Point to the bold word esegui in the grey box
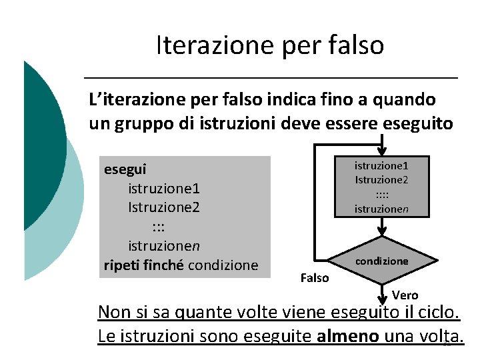125,169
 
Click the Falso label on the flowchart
314,278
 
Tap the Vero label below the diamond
405,295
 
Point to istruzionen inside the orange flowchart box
381,209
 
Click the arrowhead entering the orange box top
381,151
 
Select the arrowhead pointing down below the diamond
381,298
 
